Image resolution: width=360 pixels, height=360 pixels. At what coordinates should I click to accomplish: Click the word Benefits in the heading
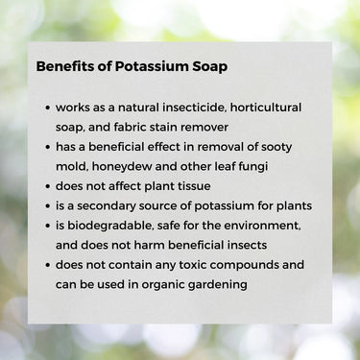tap(63, 68)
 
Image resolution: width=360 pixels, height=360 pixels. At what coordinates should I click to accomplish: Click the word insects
tap(244, 245)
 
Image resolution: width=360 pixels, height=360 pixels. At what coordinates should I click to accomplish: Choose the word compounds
tap(249, 265)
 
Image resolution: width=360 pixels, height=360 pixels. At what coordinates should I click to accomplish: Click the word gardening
tap(221, 284)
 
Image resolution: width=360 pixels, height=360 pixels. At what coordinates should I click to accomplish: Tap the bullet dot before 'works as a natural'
tap(47, 108)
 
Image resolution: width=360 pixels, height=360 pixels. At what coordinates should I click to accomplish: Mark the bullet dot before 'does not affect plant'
tap(47, 186)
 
